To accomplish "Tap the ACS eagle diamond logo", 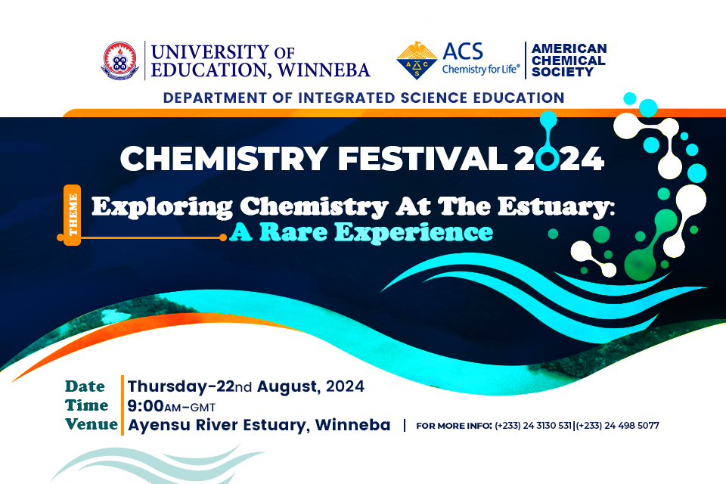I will tap(416, 60).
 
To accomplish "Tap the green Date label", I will tap(85, 386).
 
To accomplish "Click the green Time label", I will tap(86, 405).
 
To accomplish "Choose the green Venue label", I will tap(91, 424).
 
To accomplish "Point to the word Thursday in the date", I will tap(166, 386).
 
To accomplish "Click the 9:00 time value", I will tap(147, 406).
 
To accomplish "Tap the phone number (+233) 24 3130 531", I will tap(534, 426).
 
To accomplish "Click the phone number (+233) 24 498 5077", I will tap(618, 426).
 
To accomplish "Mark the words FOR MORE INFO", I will tap(454, 426).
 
